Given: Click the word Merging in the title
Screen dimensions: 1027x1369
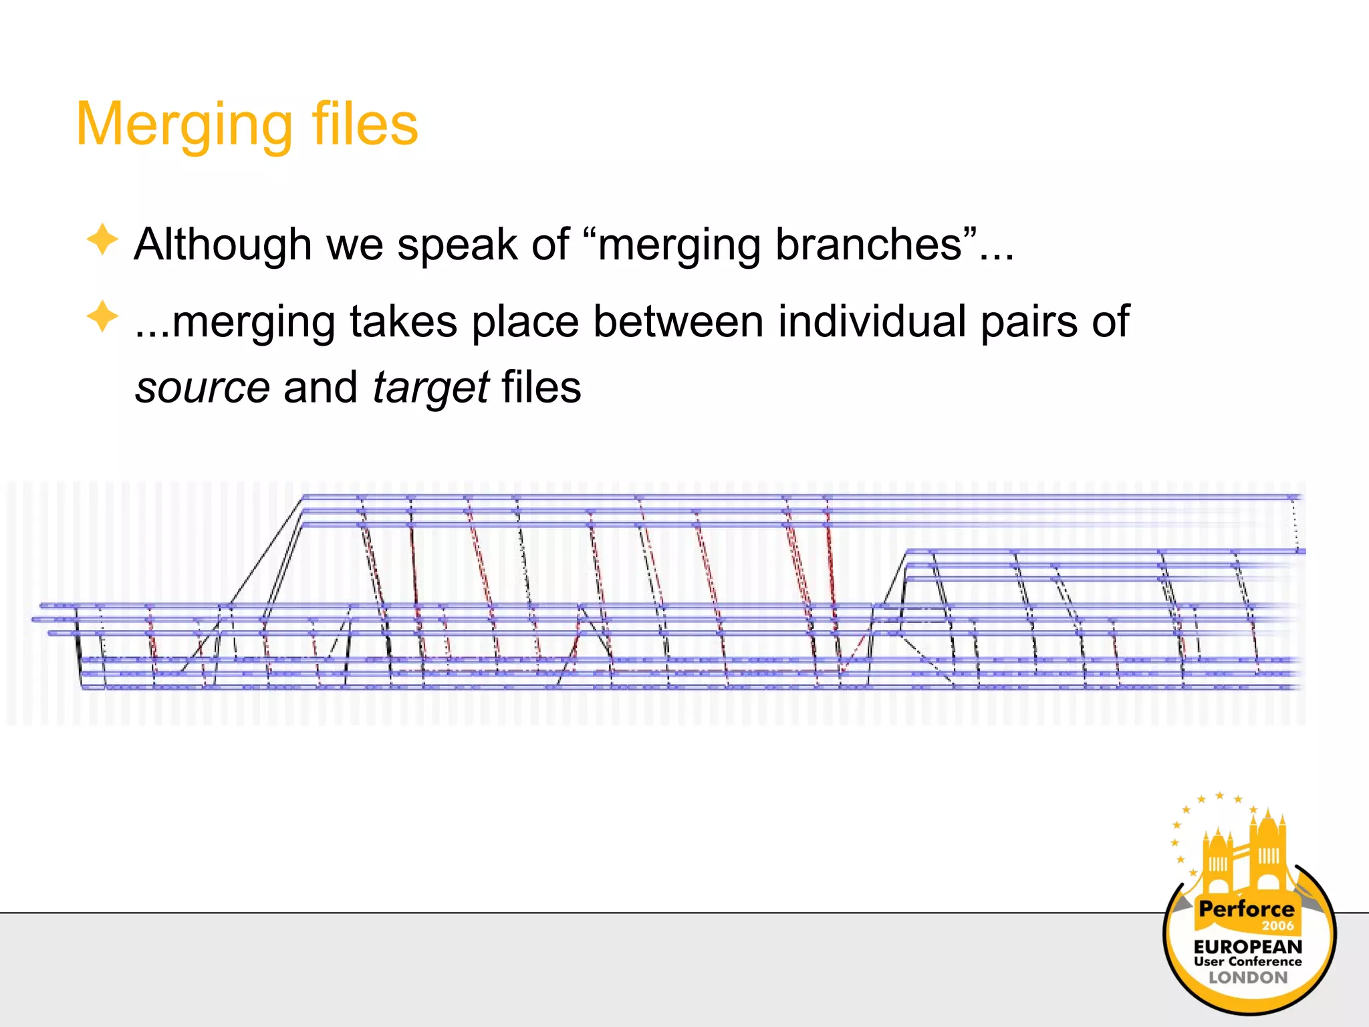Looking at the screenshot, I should (x=184, y=126).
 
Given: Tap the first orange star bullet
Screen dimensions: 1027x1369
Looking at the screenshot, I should (x=102, y=239).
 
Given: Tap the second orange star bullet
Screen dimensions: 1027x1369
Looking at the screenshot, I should (x=102, y=316).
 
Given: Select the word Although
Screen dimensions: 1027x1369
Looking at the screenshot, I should (x=223, y=245).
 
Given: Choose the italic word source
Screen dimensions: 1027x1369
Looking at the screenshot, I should (x=203, y=388).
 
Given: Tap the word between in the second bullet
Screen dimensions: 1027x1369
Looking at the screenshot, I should (x=678, y=322).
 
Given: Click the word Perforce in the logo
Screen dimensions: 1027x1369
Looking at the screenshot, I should (x=1246, y=909).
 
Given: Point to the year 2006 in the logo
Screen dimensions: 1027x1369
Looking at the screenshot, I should (x=1277, y=926).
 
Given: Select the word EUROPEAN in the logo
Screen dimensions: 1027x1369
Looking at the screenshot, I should (x=1247, y=947).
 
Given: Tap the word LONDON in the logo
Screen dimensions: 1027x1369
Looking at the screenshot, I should (x=1247, y=978).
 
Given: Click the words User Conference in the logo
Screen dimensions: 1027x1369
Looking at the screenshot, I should (x=1247, y=962).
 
